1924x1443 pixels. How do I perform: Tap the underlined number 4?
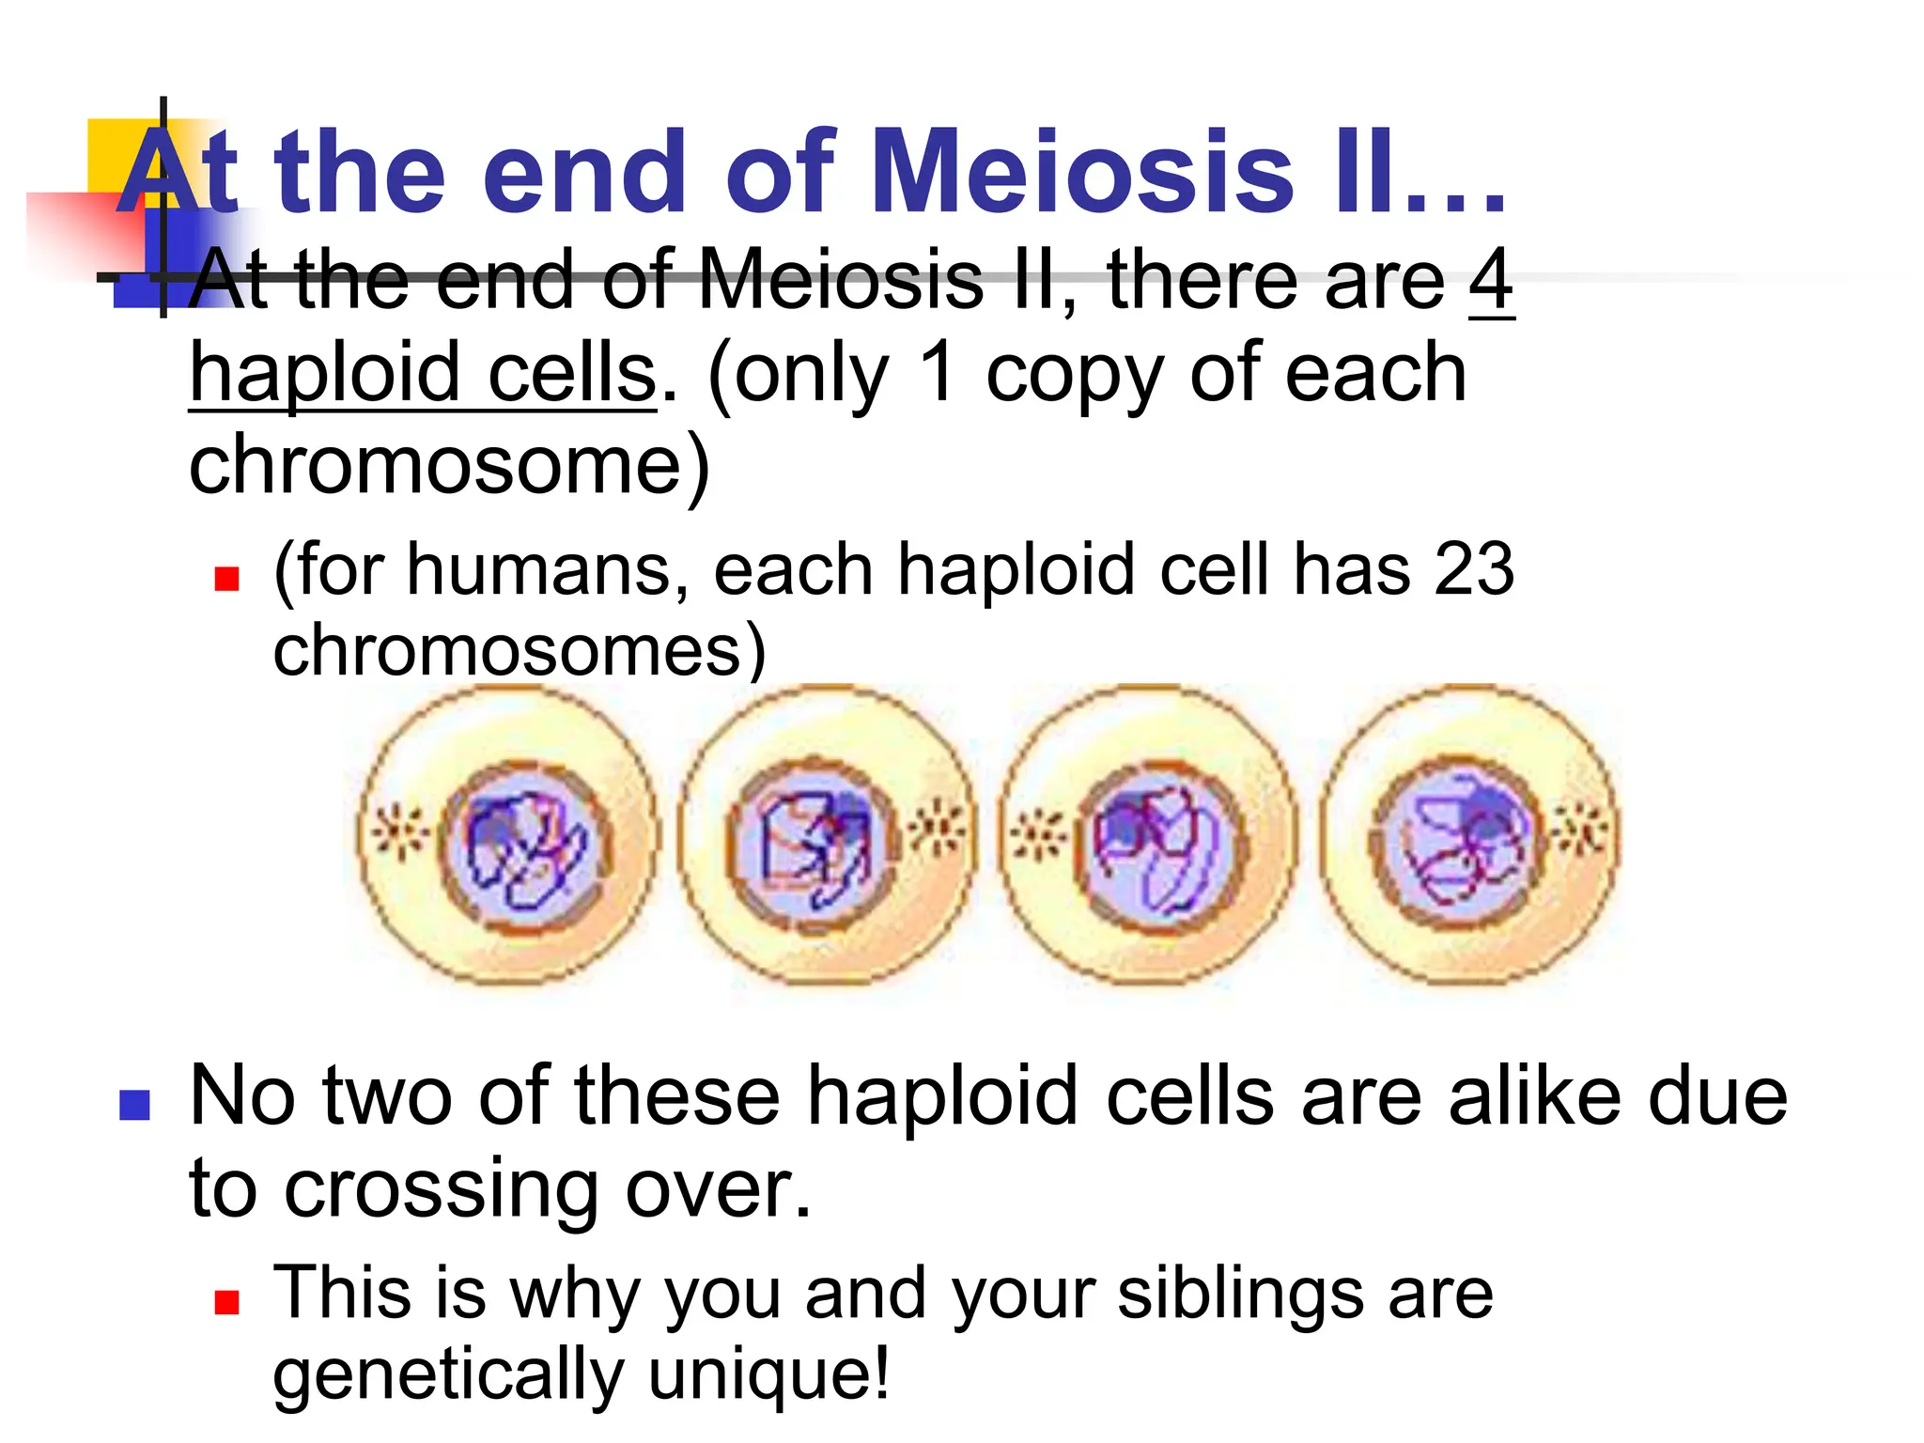click(1491, 279)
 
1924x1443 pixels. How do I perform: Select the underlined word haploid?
click(325, 373)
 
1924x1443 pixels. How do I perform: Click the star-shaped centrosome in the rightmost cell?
click(1583, 829)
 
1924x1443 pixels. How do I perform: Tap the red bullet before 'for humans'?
click(226, 577)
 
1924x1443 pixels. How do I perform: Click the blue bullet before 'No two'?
click(135, 1105)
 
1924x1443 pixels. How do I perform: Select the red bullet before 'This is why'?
click(226, 1301)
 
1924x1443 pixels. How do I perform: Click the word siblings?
click(1240, 1295)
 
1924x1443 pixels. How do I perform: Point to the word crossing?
click(442, 1189)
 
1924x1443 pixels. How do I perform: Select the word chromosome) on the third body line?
click(449, 465)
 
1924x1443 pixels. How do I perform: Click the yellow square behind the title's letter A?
click(108, 150)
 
